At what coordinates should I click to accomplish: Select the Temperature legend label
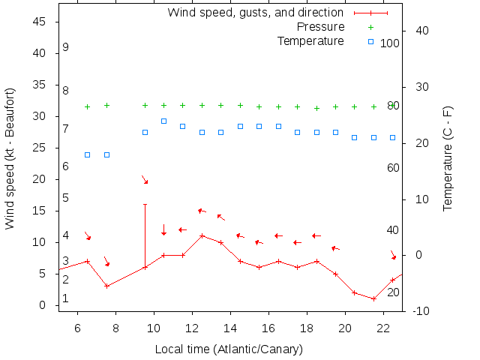pyautogui.click(x=310, y=41)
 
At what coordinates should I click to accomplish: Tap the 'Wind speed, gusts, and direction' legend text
pyautogui.click(x=255, y=13)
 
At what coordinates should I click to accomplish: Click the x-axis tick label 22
pyautogui.click(x=383, y=328)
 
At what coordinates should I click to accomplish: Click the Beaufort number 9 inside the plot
pyautogui.click(x=66, y=47)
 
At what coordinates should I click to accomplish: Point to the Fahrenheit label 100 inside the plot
pyautogui.click(x=389, y=43)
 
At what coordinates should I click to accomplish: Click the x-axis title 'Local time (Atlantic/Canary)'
pyautogui.click(x=229, y=349)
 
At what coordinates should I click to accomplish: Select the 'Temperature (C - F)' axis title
pyautogui.click(x=448, y=159)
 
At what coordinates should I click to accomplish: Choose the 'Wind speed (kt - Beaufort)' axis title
pyautogui.click(x=10, y=159)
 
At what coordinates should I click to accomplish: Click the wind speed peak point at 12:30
pyautogui.click(x=202, y=235)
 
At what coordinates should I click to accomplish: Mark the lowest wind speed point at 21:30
pyautogui.click(x=373, y=298)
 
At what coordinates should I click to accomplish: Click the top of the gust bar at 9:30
pyautogui.click(x=145, y=204)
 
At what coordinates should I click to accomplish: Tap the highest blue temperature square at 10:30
pyautogui.click(x=163, y=121)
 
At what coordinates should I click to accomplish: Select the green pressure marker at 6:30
pyautogui.click(x=88, y=106)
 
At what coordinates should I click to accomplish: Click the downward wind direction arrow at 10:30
pyautogui.click(x=163, y=229)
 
